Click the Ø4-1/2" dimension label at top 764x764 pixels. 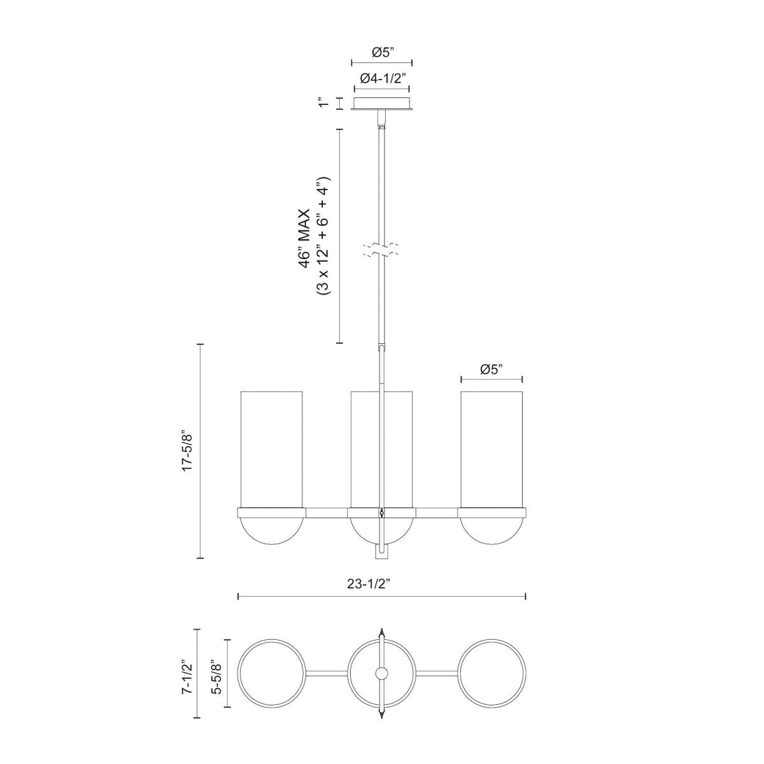383,78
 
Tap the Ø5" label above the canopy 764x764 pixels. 381,53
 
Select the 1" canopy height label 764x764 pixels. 323,103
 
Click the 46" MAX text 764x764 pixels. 308,236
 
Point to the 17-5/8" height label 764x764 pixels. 187,451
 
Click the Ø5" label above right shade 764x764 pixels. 492,369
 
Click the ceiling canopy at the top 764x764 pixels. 382,104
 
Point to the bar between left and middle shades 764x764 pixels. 327,512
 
